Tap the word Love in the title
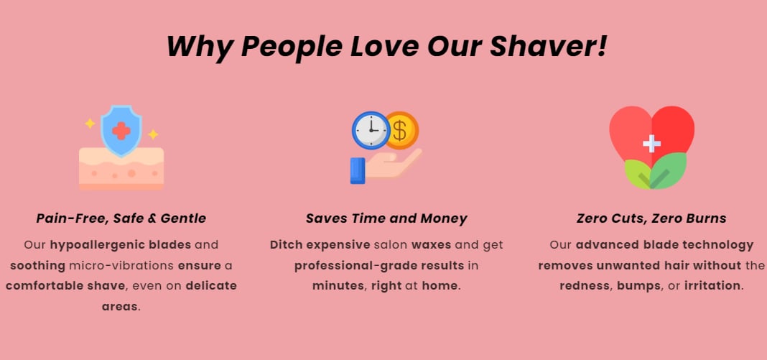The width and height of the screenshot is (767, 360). click(x=384, y=47)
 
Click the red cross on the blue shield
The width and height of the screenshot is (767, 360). click(x=121, y=131)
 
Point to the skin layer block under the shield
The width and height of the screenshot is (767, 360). click(x=121, y=169)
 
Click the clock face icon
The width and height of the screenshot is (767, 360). click(x=371, y=130)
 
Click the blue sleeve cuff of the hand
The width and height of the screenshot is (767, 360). click(x=358, y=171)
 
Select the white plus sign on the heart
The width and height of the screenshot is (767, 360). click(x=651, y=143)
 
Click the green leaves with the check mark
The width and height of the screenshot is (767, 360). click(x=656, y=171)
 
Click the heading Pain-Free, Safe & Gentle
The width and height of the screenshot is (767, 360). click(x=121, y=218)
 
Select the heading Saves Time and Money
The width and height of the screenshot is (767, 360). click(x=386, y=218)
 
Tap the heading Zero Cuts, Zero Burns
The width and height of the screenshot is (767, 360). click(x=651, y=218)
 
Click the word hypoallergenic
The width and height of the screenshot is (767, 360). click(x=121, y=245)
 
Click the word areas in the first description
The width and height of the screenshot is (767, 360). click(x=120, y=307)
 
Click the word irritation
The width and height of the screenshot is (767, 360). click(x=712, y=286)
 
